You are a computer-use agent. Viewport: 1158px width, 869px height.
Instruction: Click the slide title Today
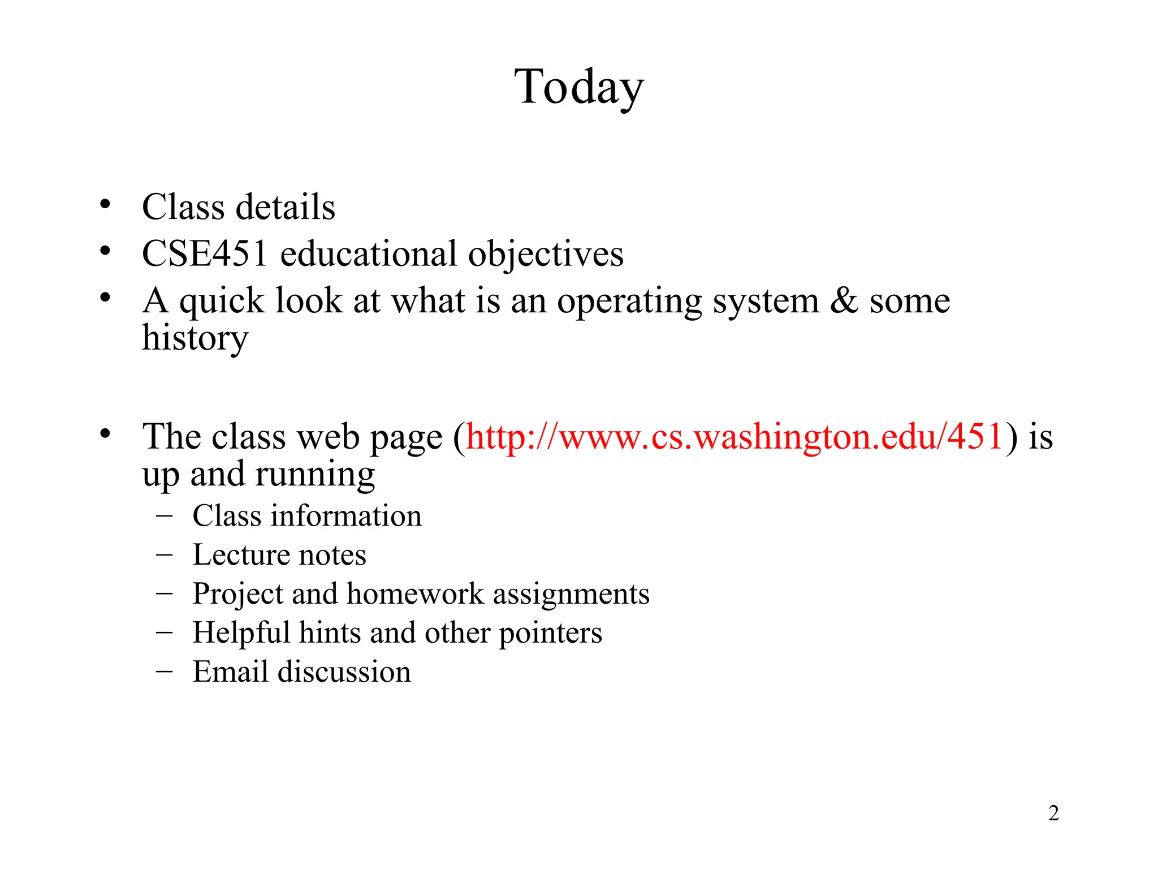[x=579, y=88]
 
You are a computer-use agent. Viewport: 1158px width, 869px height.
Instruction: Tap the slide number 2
[x=1053, y=813]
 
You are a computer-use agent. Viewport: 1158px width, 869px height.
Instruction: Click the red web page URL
[x=734, y=437]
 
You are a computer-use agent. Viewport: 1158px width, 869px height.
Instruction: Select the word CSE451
[x=204, y=253]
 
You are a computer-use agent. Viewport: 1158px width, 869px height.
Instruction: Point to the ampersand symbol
[x=844, y=300]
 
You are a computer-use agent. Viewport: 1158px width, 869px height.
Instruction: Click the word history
[x=195, y=338]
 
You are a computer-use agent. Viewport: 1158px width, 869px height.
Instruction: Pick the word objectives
[x=546, y=255]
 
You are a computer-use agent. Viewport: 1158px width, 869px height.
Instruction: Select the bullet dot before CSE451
[x=105, y=251]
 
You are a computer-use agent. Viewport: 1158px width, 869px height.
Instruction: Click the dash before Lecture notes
[x=164, y=554]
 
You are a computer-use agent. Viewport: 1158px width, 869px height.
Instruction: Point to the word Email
[x=230, y=672]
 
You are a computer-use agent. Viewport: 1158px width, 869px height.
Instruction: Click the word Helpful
[x=241, y=633]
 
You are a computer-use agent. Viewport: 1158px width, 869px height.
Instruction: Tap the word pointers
[x=550, y=634]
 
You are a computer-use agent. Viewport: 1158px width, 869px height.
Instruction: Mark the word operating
[x=629, y=302]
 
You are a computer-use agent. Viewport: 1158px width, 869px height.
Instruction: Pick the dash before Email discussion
[x=164, y=671]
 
